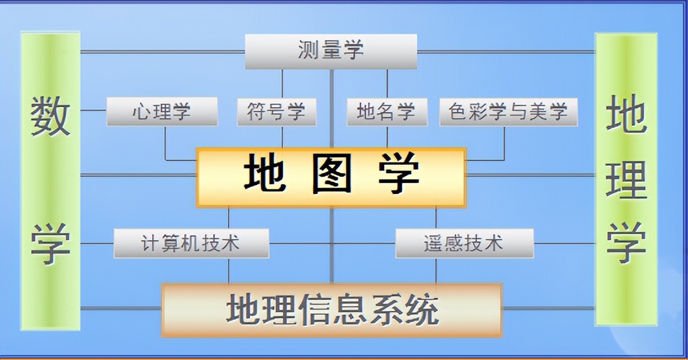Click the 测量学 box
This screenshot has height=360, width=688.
tap(331, 51)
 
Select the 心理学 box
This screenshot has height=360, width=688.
tap(162, 111)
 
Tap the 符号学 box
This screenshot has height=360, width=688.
tap(276, 112)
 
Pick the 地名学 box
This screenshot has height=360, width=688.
tap(387, 112)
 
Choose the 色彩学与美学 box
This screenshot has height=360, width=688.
tap(508, 112)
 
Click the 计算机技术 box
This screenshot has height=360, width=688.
tap(191, 243)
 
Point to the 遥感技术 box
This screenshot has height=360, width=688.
tap(464, 243)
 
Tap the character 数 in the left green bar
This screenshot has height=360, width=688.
tap(50, 116)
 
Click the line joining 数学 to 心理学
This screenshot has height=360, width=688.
tap(93, 110)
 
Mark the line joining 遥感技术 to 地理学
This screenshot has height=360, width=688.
tap(564, 244)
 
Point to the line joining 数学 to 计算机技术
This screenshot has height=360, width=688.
tap(97, 244)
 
